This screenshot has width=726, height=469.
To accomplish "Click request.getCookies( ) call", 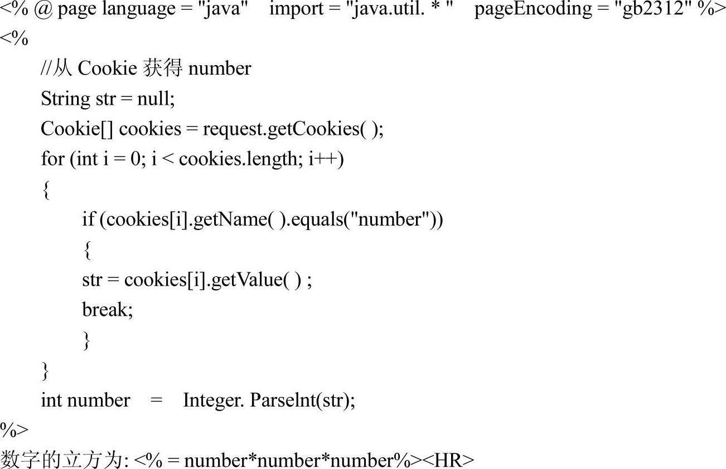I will pyautogui.click(x=293, y=129).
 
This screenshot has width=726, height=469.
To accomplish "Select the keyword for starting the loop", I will pyautogui.click(x=52, y=159).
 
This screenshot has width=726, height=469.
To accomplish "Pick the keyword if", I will pyautogui.click(x=88, y=219).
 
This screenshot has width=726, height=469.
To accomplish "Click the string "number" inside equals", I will pyautogui.click(x=390, y=219).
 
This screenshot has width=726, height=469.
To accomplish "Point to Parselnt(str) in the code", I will pyautogui.click(x=302, y=400).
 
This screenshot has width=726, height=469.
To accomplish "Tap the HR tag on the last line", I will pyautogui.click(x=448, y=461).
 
